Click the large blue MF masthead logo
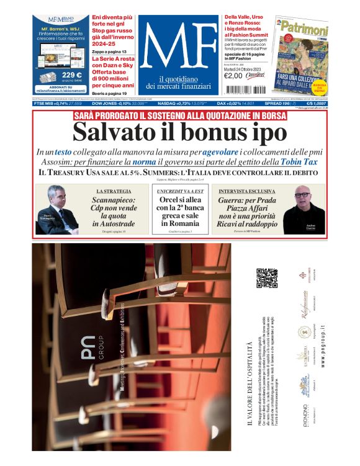pyautogui.click(x=178, y=45)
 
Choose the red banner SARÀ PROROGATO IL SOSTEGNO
pyautogui.click(x=180, y=116)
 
